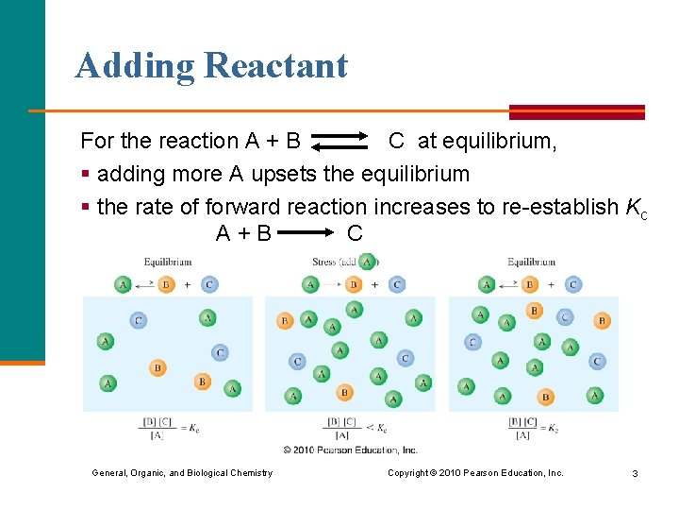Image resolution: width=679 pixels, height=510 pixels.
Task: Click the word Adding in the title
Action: pos(135,65)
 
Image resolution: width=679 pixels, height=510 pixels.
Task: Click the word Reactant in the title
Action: pos(275,65)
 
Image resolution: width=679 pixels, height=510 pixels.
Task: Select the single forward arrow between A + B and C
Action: pos(308,232)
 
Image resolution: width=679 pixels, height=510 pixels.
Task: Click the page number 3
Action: pos(636,473)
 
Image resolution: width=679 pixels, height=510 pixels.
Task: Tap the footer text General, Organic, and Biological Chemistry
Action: pos(182,473)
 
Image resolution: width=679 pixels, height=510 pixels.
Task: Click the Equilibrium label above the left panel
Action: pos(168,262)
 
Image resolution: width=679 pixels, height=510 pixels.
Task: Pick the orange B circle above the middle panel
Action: pos(354,284)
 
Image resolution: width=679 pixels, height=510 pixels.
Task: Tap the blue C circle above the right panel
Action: pos(572,284)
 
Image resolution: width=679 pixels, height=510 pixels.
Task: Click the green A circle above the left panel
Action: pos(123,284)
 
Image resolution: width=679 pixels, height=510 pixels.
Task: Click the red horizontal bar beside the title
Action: pos(576,111)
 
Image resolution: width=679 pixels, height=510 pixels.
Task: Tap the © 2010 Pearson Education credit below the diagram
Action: pos(350,450)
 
